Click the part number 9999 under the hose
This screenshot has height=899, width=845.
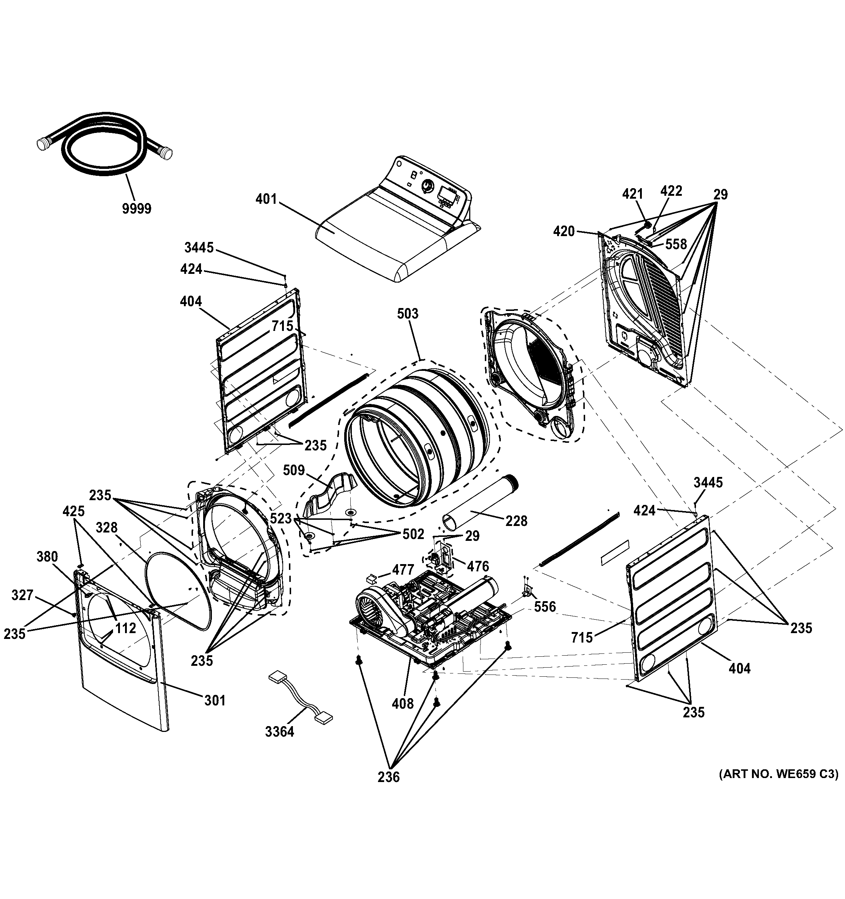pyautogui.click(x=137, y=208)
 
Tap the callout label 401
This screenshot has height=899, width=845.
pyautogui.click(x=266, y=199)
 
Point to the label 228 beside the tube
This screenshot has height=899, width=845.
pyautogui.click(x=516, y=521)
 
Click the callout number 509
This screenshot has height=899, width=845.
pyautogui.click(x=294, y=470)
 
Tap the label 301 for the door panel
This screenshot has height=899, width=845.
pyautogui.click(x=215, y=700)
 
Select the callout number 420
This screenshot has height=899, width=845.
pyautogui.click(x=564, y=231)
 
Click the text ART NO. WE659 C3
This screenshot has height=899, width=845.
pyautogui.click(x=778, y=774)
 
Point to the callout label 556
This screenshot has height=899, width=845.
pyautogui.click(x=545, y=607)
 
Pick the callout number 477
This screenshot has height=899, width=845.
pyautogui.click(x=403, y=570)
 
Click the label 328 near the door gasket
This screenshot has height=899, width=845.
pyautogui.click(x=107, y=527)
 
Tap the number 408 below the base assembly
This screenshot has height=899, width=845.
pyautogui.click(x=403, y=703)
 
